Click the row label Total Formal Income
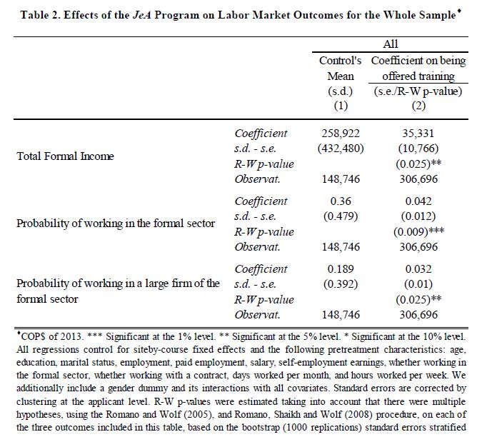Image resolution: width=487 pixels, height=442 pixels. (65, 155)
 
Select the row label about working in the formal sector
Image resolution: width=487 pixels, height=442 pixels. (116, 223)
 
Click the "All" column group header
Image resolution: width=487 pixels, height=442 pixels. (391, 44)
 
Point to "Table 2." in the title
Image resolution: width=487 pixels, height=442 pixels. (45, 15)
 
